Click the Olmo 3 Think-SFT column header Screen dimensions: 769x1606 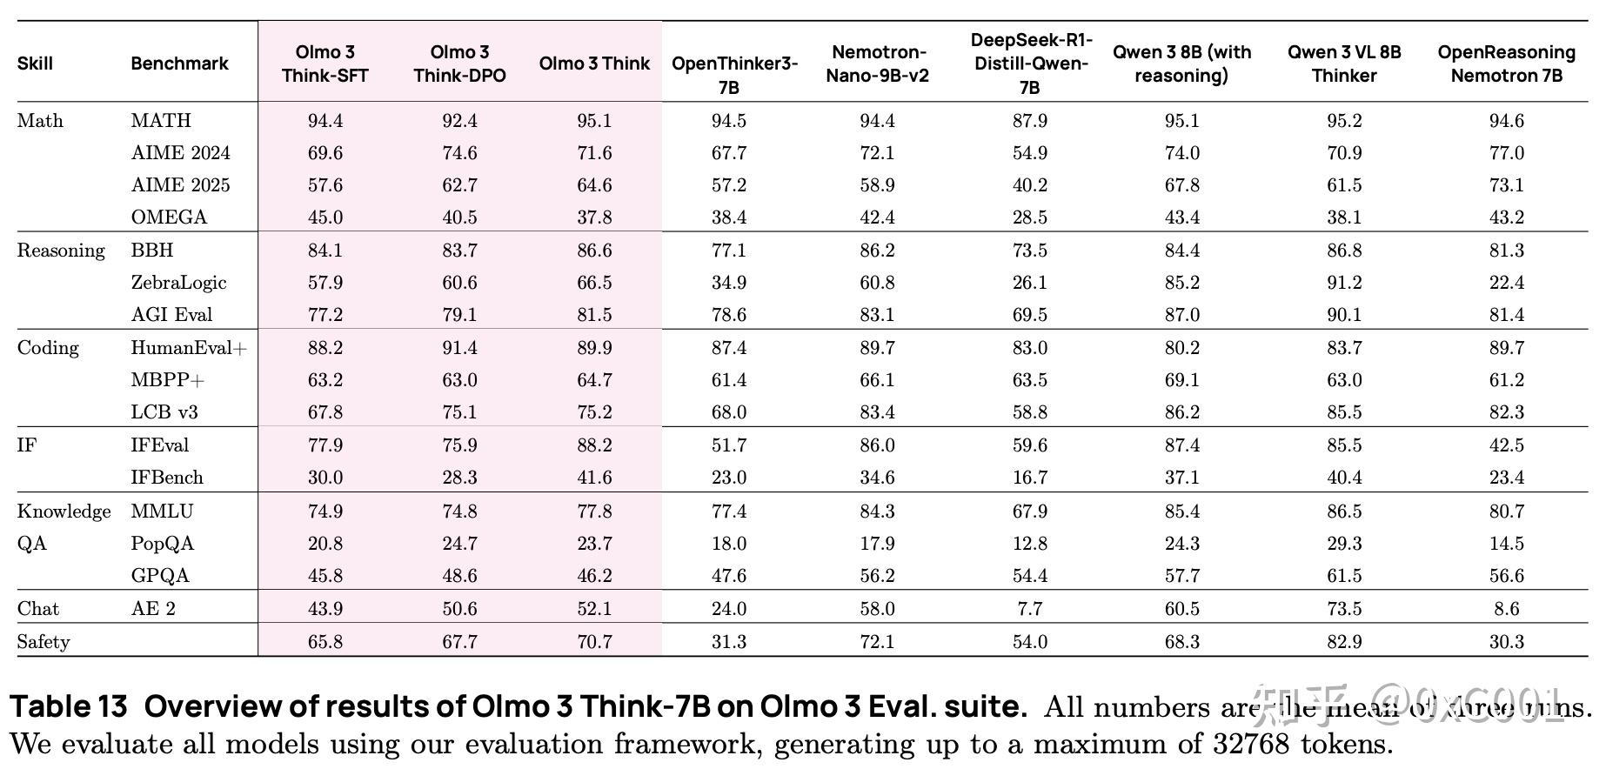(325, 64)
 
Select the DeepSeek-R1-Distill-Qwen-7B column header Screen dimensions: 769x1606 (1029, 64)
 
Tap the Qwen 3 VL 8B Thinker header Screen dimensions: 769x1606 (1344, 64)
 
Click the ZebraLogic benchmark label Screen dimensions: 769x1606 (178, 283)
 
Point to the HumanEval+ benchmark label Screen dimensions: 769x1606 (189, 348)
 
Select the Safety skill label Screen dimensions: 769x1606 (43, 642)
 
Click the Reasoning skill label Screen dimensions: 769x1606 (61, 251)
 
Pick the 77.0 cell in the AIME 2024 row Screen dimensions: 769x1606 (1506, 153)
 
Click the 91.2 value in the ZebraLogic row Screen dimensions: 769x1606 (1344, 283)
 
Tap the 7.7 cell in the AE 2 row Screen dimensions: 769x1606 (1029, 609)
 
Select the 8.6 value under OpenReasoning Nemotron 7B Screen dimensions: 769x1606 (1506, 609)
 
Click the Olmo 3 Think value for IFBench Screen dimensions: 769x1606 (594, 478)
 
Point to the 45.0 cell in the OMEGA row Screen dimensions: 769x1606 (325, 217)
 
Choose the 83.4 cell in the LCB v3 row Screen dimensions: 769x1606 (877, 412)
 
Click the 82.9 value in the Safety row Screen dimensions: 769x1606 (1344, 642)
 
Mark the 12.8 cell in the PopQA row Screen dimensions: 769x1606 (1029, 544)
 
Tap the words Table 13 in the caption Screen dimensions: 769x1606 (69, 706)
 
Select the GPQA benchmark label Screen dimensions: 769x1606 (160, 576)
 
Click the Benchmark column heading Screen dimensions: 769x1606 (179, 64)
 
